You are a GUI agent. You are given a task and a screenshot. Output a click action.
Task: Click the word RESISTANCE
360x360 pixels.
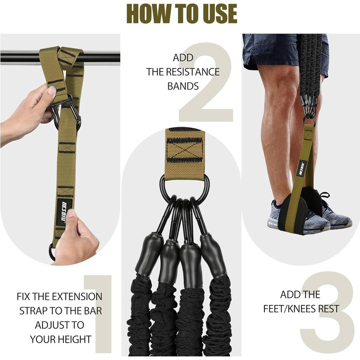pos(193,72)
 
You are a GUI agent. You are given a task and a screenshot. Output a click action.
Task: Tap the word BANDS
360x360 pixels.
pos(183,86)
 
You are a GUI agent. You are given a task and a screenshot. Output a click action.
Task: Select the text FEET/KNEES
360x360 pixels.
pos(290,309)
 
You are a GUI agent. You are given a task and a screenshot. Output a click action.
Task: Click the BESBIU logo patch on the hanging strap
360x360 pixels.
pos(64,212)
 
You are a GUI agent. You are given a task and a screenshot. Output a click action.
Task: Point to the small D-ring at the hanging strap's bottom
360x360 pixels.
pos(51,251)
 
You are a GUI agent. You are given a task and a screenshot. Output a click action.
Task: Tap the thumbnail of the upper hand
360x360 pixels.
pos(52,90)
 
